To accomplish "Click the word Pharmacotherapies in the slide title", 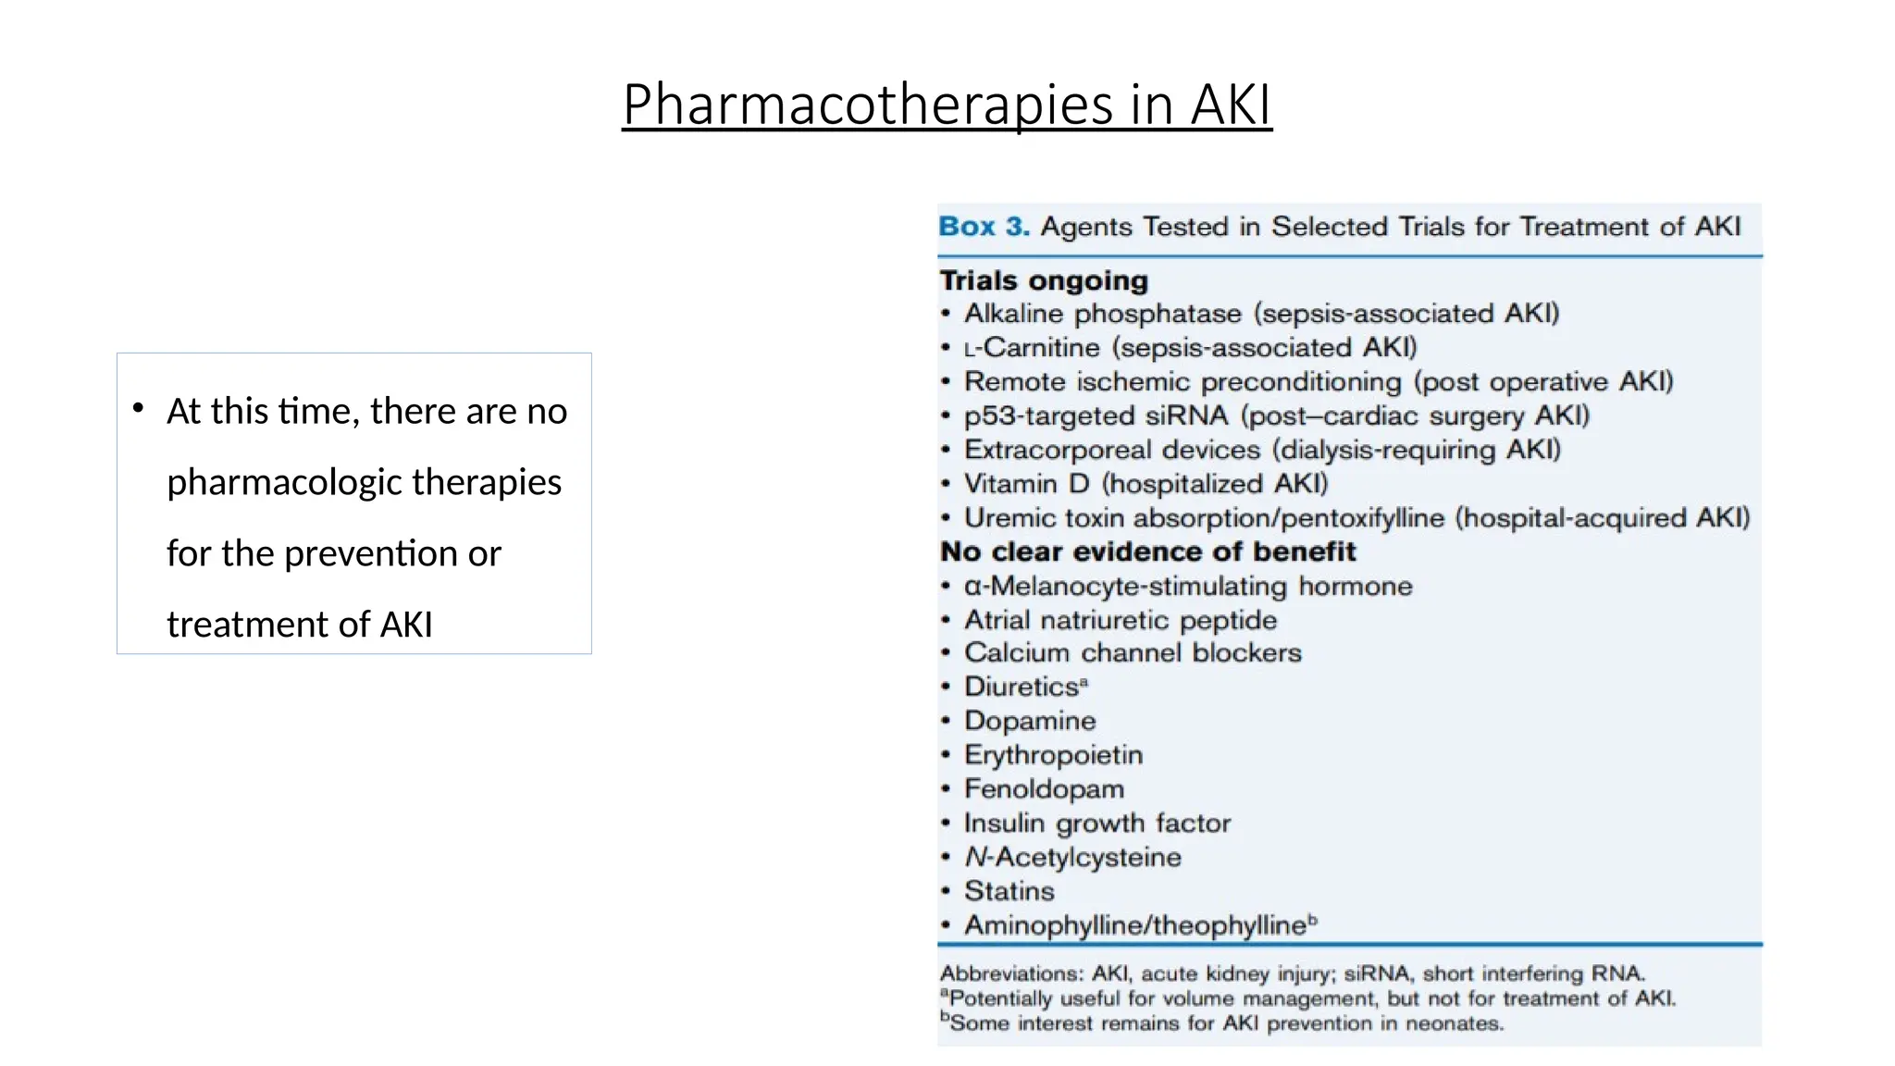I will click(867, 104).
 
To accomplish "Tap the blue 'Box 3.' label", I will click(984, 227).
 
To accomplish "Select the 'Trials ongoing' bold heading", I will click(1044, 280).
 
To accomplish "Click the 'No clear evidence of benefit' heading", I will click(1147, 552).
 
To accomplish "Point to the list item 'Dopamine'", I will click(1030, 721).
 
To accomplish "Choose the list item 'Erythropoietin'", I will click(1053, 755).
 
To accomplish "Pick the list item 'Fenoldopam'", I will click(1044, 789).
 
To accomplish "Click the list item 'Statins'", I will click(1009, 891).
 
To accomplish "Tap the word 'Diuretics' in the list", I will click(1022, 687).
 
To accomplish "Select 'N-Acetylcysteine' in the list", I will click(1072, 857).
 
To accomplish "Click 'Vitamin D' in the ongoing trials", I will click(1026, 484).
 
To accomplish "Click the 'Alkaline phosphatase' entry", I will click(1102, 314).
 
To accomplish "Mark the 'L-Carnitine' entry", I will click(1032, 348).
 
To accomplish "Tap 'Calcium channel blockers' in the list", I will click(1133, 653).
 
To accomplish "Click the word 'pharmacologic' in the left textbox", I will click(283, 482).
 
